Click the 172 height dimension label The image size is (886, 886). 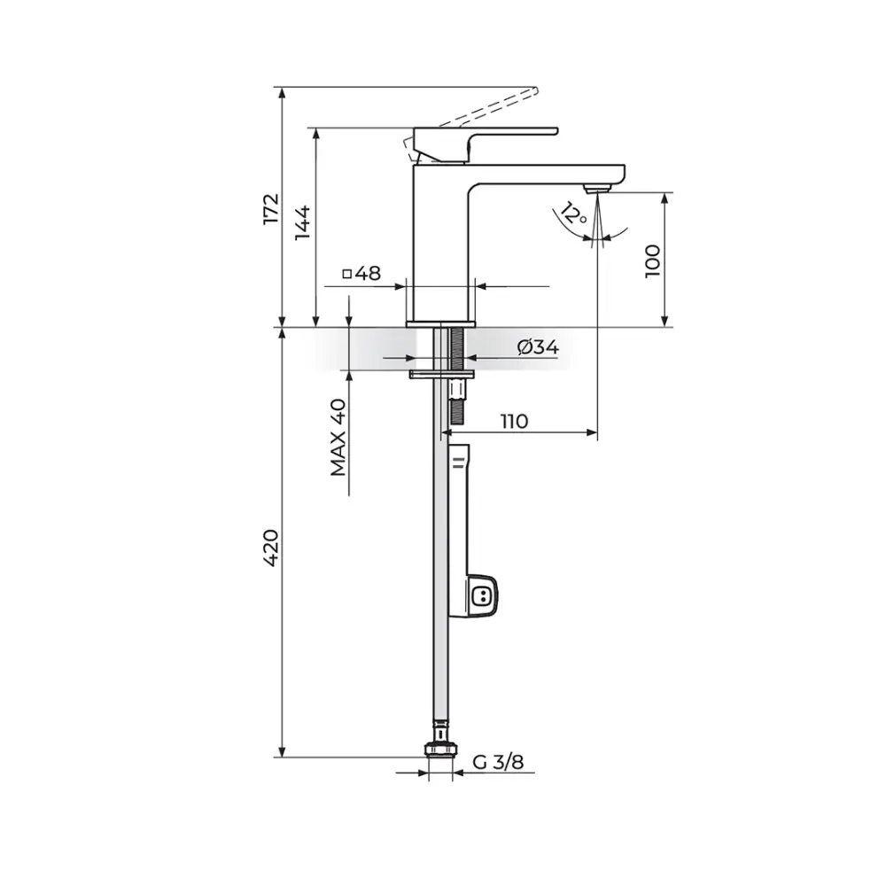pyautogui.click(x=271, y=209)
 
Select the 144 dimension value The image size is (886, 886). pyautogui.click(x=303, y=222)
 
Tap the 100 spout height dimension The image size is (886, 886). pyautogui.click(x=653, y=260)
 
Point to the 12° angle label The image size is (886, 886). pyautogui.click(x=573, y=214)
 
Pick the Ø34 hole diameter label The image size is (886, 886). pyautogui.click(x=538, y=347)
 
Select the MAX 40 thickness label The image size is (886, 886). pyautogui.click(x=338, y=438)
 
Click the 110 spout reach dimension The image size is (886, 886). pyautogui.click(x=514, y=421)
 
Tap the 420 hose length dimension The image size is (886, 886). pyautogui.click(x=271, y=548)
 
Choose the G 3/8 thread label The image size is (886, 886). pyautogui.click(x=498, y=762)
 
